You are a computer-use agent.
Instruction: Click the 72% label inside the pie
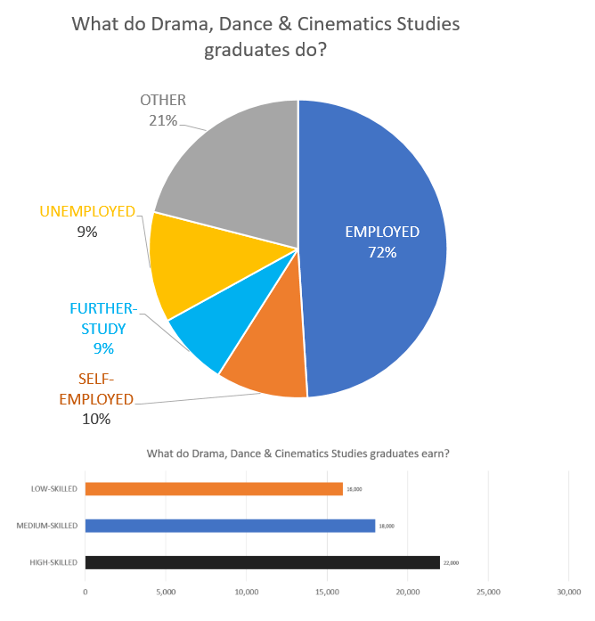[381, 252]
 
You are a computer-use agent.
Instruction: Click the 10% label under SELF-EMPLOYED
[95, 418]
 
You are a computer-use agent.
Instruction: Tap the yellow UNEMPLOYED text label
[87, 212]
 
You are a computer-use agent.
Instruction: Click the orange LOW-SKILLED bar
[214, 489]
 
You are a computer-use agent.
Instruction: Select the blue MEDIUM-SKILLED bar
[230, 526]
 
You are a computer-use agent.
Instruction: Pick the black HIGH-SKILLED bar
[262, 562]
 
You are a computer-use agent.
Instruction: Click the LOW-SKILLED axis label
[54, 489]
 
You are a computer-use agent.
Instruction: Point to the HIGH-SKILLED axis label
[54, 562]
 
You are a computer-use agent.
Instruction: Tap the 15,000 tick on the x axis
[327, 592]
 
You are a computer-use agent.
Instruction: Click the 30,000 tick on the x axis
[568, 592]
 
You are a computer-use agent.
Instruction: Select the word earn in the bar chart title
[434, 453]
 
